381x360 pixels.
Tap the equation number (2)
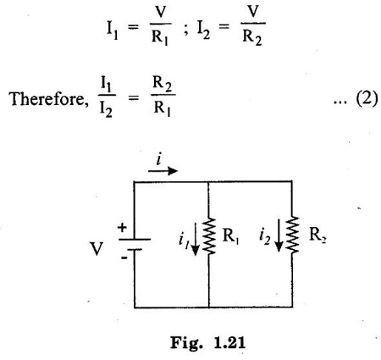click(x=367, y=99)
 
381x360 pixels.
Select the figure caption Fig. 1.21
click(x=208, y=343)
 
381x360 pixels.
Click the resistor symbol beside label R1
click(x=209, y=235)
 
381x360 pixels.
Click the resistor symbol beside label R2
click(x=292, y=235)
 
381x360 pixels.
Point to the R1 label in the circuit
click(x=230, y=235)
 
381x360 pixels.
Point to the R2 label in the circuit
click(x=317, y=235)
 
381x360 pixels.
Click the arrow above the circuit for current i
click(x=163, y=171)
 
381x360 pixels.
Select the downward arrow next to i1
click(x=195, y=239)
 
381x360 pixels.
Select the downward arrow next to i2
click(x=279, y=235)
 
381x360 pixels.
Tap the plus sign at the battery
click(x=122, y=227)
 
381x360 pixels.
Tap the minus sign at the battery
click(x=124, y=258)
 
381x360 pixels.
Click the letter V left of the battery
click(x=97, y=249)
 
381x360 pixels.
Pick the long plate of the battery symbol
click(x=135, y=240)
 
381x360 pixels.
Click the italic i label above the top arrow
click(x=159, y=159)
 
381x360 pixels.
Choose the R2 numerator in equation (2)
click(x=163, y=84)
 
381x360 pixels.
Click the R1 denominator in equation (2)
click(x=163, y=108)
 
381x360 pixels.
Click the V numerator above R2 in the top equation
click(x=253, y=11)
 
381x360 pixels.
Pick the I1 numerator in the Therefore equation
click(x=106, y=84)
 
